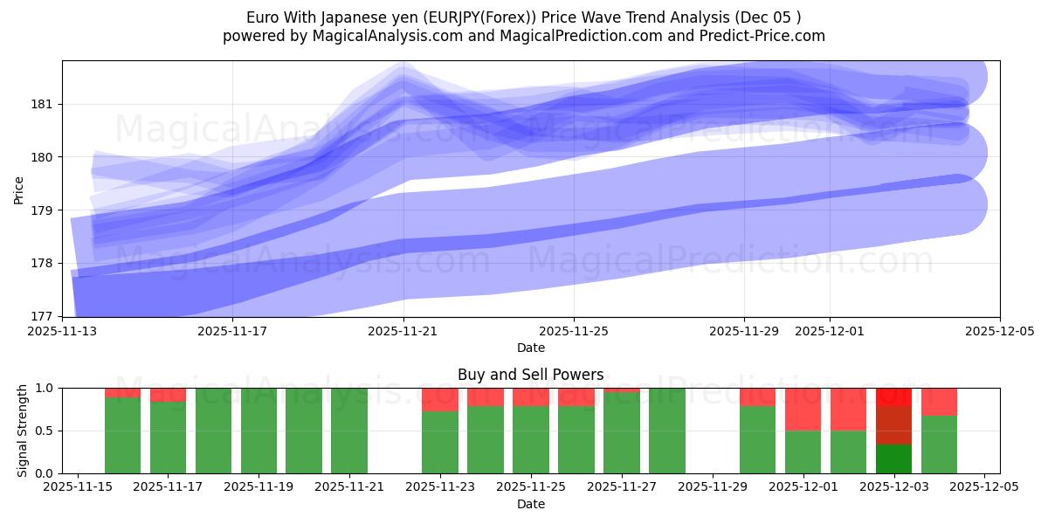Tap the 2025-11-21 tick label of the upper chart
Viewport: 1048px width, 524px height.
(403, 331)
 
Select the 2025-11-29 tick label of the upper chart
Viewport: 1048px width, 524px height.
(744, 331)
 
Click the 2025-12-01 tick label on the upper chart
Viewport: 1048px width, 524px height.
(830, 331)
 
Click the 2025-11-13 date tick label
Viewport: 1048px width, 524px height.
(63, 331)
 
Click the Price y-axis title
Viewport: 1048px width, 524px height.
(19, 189)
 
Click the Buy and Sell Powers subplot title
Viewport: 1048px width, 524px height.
(530, 375)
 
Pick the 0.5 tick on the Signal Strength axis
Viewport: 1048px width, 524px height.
(45, 431)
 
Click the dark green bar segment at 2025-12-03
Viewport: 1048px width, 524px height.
(893, 458)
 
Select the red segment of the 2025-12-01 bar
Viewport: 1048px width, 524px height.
(803, 409)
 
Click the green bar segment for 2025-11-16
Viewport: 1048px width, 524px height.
(122, 435)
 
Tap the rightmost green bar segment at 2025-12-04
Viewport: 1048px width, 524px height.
(939, 444)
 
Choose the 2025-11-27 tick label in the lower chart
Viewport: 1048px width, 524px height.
(623, 487)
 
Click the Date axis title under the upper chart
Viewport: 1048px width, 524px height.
(530, 348)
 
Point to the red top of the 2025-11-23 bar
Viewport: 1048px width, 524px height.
(440, 399)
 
